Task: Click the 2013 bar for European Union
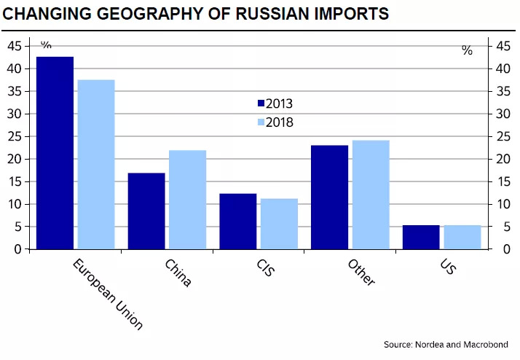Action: tap(55, 153)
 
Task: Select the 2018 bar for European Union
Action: tap(96, 164)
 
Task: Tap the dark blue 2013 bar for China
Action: tap(146, 211)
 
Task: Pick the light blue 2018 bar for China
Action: tap(188, 200)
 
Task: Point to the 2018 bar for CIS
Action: tap(280, 224)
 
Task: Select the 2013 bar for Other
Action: tap(329, 197)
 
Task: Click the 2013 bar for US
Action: tap(421, 237)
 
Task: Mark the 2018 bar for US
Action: tap(462, 237)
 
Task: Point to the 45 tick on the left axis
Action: tap(15, 46)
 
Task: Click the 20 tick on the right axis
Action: tap(503, 159)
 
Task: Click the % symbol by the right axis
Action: tap(467, 50)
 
